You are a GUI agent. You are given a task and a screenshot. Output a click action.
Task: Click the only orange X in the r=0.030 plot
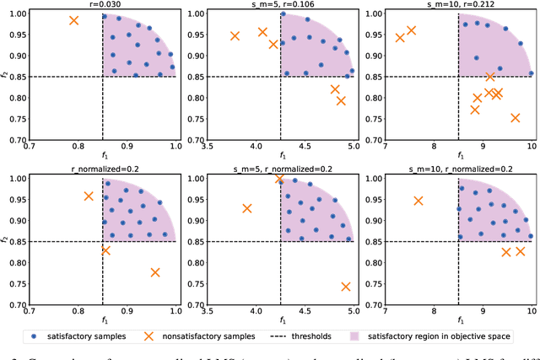pos(74,20)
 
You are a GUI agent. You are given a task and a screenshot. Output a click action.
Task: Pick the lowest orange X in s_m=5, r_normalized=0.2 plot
pos(346,287)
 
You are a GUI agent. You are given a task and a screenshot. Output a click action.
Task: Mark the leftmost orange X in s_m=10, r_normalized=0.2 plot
pos(418,201)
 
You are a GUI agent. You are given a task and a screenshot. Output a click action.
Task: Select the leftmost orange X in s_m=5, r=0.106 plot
pos(235,35)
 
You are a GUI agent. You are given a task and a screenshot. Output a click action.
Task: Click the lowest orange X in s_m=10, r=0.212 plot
pos(516,118)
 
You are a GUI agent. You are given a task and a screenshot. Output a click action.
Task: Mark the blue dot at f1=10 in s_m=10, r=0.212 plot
pos(531,73)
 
